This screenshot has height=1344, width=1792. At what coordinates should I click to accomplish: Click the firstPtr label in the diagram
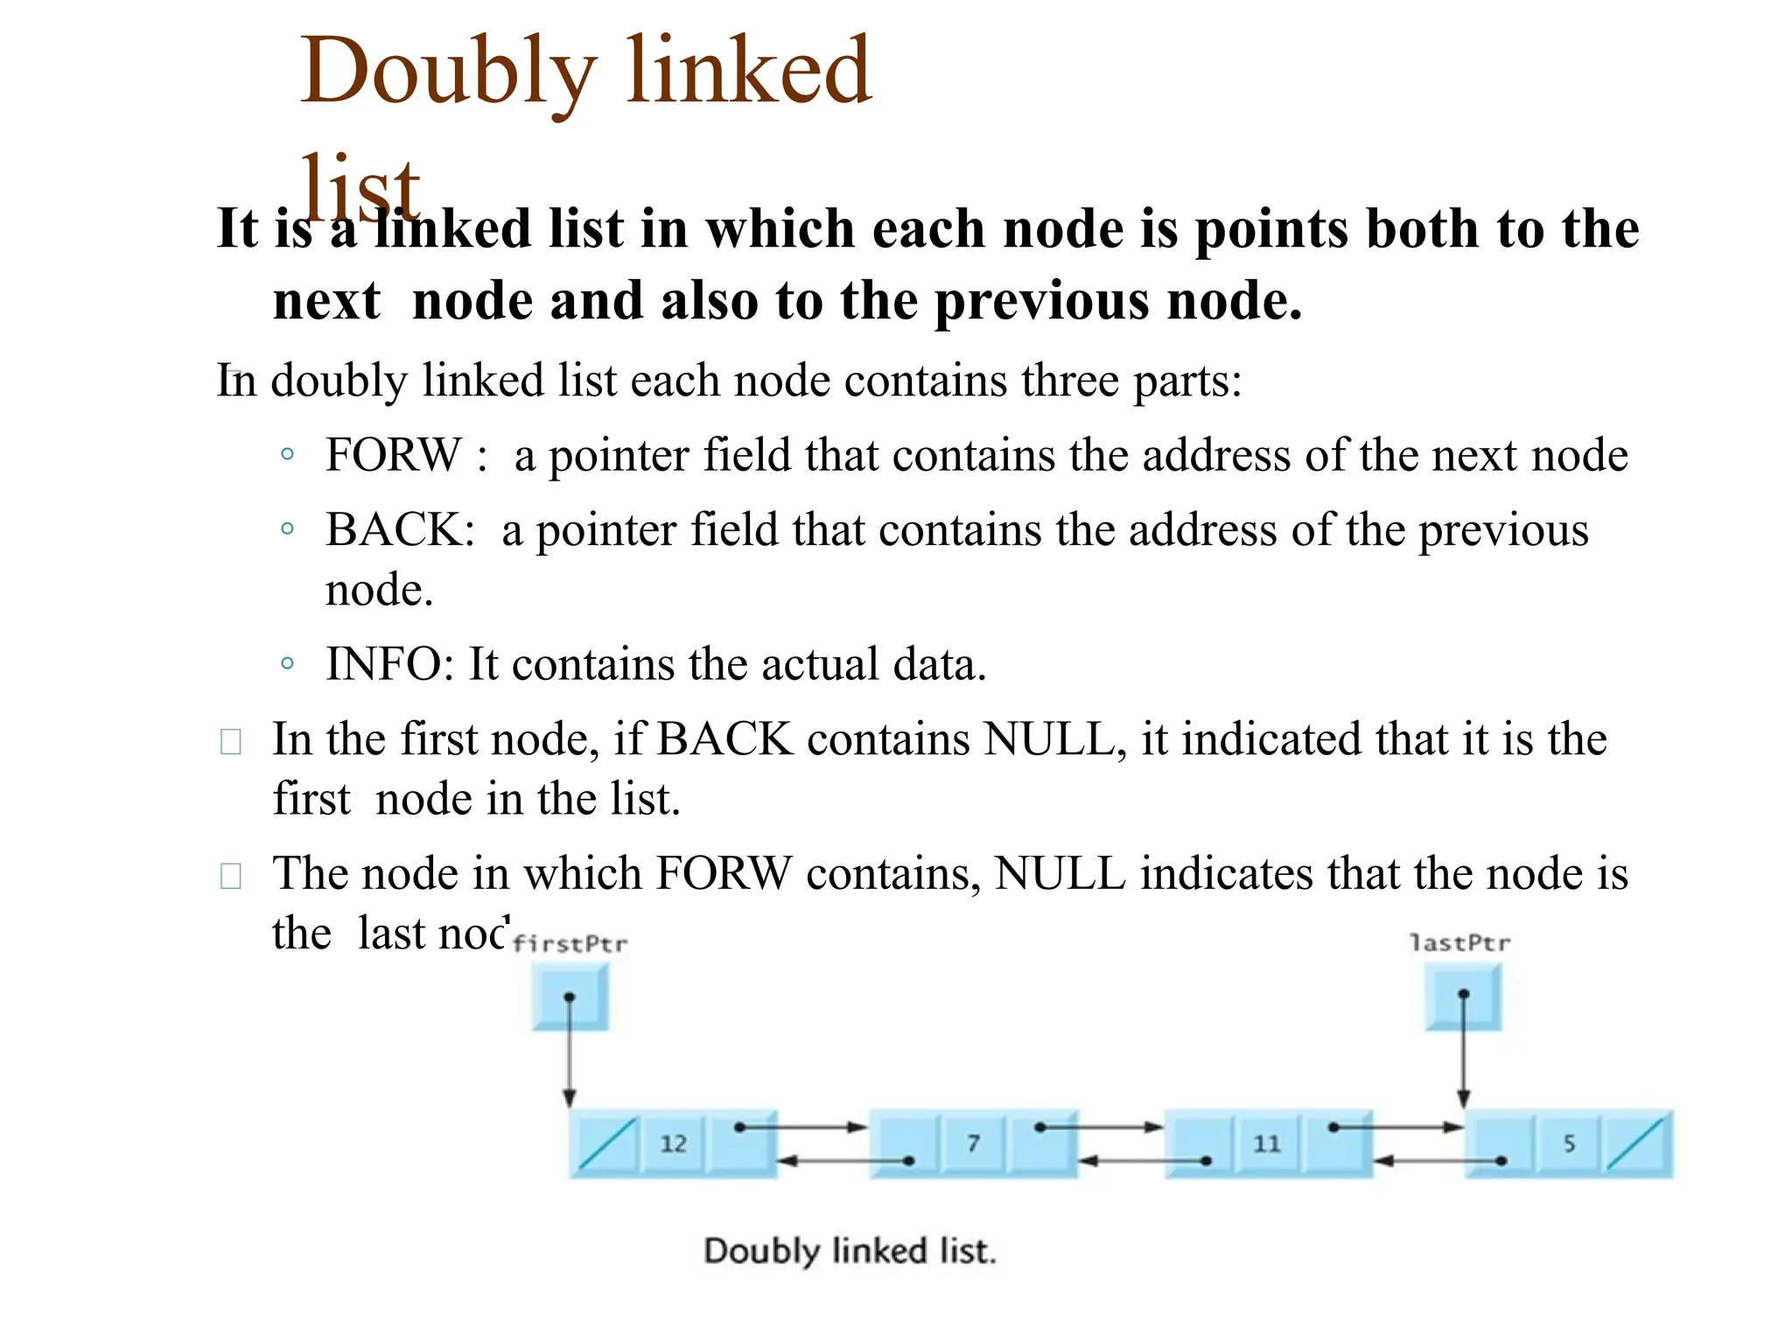(x=570, y=943)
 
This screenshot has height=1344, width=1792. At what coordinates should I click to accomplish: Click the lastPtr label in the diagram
(x=1460, y=942)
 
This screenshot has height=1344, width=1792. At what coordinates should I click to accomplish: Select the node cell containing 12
(x=673, y=1144)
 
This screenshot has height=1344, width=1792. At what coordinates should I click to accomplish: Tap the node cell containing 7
(x=973, y=1144)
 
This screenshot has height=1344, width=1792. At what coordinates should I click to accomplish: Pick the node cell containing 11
(x=1266, y=1144)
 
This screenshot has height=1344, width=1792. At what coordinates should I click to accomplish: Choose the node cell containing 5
(x=1569, y=1144)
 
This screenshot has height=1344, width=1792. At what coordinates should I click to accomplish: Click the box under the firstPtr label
(x=570, y=997)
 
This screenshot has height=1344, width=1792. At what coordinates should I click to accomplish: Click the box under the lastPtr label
(x=1463, y=996)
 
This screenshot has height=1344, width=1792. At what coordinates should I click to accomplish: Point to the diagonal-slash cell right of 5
(x=1636, y=1144)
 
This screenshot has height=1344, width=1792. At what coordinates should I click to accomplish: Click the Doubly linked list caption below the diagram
(x=850, y=1250)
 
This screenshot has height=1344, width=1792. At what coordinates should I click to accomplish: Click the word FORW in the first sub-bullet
(x=393, y=455)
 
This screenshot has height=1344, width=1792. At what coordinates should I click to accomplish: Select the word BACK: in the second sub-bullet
(x=400, y=529)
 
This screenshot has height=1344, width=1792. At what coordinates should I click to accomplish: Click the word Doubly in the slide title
(x=449, y=72)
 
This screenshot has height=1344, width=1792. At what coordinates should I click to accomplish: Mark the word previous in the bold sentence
(x=1043, y=300)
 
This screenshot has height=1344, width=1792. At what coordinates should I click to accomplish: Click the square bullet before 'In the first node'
(x=231, y=742)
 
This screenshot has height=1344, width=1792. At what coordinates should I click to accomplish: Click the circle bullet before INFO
(x=287, y=663)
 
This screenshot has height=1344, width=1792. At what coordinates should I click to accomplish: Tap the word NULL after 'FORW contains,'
(x=1060, y=873)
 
